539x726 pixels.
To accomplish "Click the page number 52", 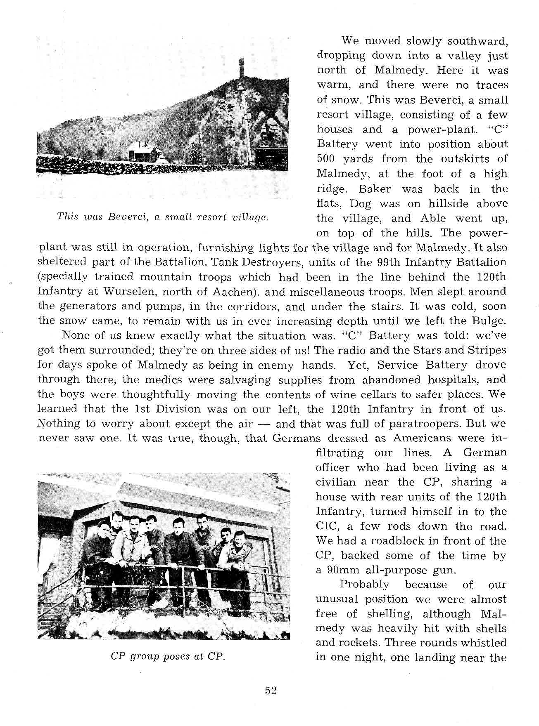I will point(271,691).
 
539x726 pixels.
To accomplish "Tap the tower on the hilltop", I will point(242,68).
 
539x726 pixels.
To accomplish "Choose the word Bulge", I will point(490,321).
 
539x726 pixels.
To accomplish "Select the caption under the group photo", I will point(168,657).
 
